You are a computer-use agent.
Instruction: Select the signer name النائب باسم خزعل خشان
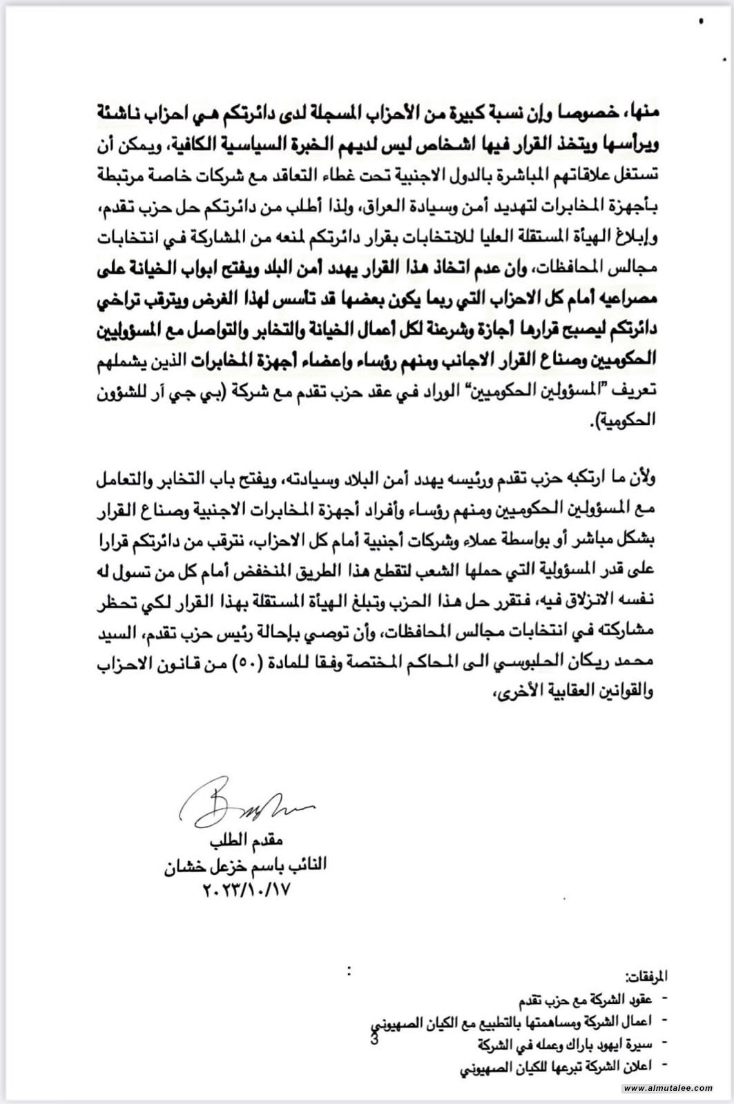(x=246, y=865)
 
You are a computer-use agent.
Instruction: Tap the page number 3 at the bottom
(x=374, y=1041)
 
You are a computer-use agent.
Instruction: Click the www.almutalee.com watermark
(x=667, y=1088)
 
